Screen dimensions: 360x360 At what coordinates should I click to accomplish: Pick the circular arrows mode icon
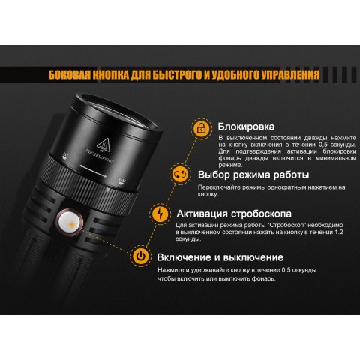(180, 175)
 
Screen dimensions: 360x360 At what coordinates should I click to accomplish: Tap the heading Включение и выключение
(220, 257)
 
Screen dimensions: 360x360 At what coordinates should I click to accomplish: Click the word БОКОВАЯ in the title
(71, 75)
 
